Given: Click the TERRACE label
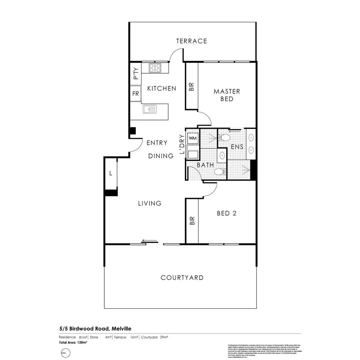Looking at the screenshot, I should [x=191, y=41].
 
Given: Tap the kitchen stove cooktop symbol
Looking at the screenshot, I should [x=155, y=68].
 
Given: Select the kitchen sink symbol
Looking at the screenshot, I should [x=150, y=109].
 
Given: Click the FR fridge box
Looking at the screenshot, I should [x=135, y=94].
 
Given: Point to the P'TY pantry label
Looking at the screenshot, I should [x=135, y=74].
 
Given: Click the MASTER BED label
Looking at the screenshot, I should [x=227, y=95].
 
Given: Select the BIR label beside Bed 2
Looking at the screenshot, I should [x=192, y=221].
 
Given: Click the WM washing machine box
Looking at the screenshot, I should [x=193, y=138].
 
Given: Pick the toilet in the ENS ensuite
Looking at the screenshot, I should [x=224, y=137].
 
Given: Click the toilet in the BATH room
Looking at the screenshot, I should [x=220, y=172].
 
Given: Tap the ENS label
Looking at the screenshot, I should [x=237, y=147].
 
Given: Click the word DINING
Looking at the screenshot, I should [x=161, y=156].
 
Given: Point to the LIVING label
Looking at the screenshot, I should [x=150, y=203].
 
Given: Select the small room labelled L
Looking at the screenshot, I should [x=111, y=173].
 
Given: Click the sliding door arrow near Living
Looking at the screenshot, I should [x=149, y=240].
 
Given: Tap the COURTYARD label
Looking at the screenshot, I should [x=182, y=278].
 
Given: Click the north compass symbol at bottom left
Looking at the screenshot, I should [x=66, y=353].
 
